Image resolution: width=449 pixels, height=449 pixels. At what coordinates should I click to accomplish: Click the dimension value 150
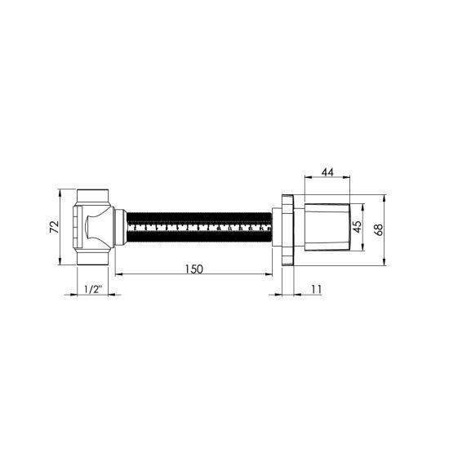(194, 269)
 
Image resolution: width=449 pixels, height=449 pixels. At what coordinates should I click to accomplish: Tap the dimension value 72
(55, 227)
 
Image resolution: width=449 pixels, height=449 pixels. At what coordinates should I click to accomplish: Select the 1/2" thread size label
(94, 289)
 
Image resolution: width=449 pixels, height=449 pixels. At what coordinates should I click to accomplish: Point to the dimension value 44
(327, 172)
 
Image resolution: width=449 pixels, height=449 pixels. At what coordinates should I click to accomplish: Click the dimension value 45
(357, 227)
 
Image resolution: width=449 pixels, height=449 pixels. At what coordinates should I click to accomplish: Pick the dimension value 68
(379, 229)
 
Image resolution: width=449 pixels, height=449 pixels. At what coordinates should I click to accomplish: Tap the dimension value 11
(316, 289)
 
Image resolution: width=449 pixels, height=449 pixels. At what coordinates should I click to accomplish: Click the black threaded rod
(199, 228)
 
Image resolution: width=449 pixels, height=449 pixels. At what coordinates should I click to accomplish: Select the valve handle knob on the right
(327, 227)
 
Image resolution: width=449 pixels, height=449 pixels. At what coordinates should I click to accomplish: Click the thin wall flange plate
(288, 230)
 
